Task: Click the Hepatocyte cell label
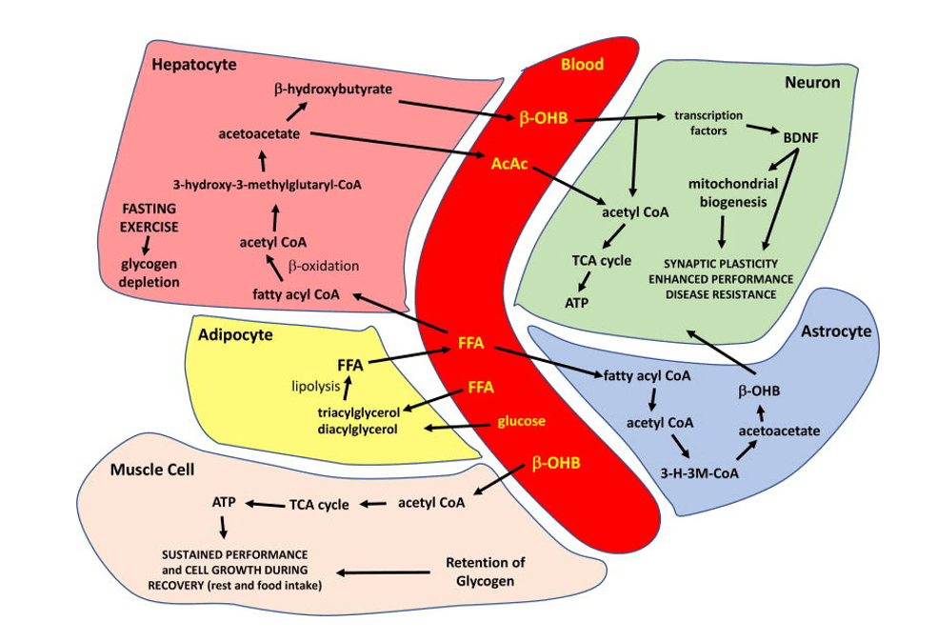click(193, 65)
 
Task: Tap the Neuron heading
click(811, 83)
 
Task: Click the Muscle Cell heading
click(152, 470)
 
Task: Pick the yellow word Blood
click(582, 64)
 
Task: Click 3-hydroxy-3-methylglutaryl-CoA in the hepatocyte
click(273, 184)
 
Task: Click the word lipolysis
click(315, 386)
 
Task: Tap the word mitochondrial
click(735, 184)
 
